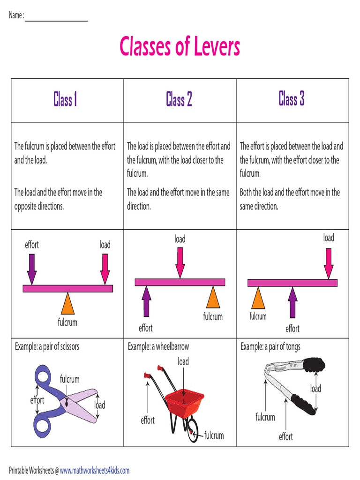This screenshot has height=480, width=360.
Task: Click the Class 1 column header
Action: pyautogui.click(x=65, y=99)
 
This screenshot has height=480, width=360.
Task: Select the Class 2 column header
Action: pyautogui.click(x=179, y=99)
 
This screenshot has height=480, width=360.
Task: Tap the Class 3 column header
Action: pyautogui.click(x=292, y=99)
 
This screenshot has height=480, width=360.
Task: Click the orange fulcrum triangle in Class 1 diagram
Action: pyautogui.click(x=68, y=304)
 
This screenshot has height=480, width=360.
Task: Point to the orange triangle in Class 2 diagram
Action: pyautogui.click(x=213, y=298)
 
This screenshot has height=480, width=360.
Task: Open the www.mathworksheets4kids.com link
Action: pyautogui.click(x=94, y=470)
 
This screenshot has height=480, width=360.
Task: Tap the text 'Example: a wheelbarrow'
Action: pyautogui.click(x=158, y=347)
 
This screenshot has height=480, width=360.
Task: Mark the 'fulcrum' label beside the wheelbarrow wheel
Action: pyautogui.click(x=214, y=435)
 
